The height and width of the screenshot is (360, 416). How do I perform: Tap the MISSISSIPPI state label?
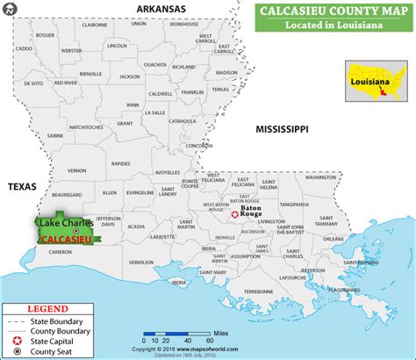[281, 129]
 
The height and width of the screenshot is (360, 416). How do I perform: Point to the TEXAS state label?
[21, 187]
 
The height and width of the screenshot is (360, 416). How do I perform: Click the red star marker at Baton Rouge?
[234, 213]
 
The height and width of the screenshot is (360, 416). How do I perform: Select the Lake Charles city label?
[63, 224]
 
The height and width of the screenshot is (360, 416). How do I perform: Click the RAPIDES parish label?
[120, 162]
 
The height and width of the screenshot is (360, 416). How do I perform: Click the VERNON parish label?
[78, 170]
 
